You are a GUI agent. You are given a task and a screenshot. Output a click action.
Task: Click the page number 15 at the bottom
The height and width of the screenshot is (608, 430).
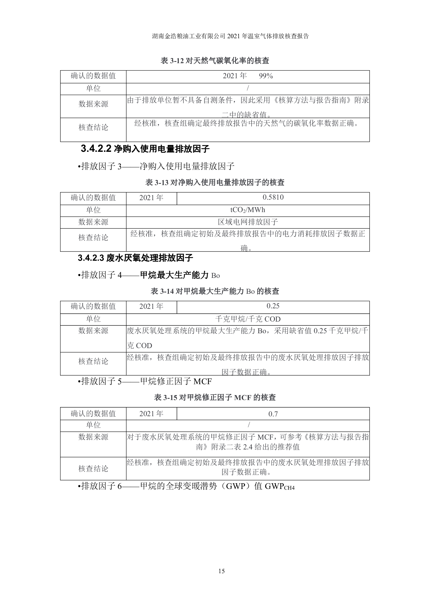[221, 571]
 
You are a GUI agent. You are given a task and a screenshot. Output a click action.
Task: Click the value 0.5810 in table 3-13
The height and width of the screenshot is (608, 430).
[273, 197]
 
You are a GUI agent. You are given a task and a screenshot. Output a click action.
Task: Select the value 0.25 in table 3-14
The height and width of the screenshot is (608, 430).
[273, 306]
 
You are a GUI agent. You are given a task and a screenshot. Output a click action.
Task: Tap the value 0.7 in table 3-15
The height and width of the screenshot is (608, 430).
[273, 414]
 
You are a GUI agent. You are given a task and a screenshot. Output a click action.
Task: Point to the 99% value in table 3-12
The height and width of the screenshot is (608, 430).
[266, 76]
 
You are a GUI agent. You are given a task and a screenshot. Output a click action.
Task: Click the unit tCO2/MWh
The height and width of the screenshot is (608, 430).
[248, 210]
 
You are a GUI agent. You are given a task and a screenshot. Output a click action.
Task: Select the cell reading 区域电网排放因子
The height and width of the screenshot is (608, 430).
[248, 222]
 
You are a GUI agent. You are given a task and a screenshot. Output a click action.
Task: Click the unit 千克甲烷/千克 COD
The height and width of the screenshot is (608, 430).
[248, 319]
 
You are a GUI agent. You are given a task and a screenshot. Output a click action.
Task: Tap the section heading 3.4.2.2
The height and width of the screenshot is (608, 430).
[145, 149]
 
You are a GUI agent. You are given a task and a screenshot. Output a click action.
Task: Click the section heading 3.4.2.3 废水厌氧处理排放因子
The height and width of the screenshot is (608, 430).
[135, 258]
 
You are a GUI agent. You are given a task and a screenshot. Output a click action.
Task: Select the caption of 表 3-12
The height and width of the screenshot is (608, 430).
[215, 61]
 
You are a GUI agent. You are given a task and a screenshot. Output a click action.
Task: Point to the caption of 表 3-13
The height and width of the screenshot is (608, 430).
[215, 182]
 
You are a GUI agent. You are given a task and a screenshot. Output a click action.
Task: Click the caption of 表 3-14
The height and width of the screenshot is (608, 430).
[215, 291]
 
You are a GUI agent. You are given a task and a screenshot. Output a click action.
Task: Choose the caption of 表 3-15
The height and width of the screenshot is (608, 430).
[215, 397]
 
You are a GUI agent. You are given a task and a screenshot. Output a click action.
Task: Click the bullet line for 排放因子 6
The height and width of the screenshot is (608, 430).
[186, 486]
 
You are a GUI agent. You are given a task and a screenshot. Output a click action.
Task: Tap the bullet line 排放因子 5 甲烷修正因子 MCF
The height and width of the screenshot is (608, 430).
[145, 381]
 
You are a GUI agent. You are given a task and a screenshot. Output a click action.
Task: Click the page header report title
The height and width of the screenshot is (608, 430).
[230, 36]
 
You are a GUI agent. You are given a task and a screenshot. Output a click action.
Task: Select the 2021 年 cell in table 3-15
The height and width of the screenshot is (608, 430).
[151, 414]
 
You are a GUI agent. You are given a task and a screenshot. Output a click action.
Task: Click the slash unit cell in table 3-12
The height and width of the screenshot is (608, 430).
[248, 88]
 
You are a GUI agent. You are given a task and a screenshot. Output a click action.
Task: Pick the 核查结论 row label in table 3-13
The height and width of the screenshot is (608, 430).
[93, 238]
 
